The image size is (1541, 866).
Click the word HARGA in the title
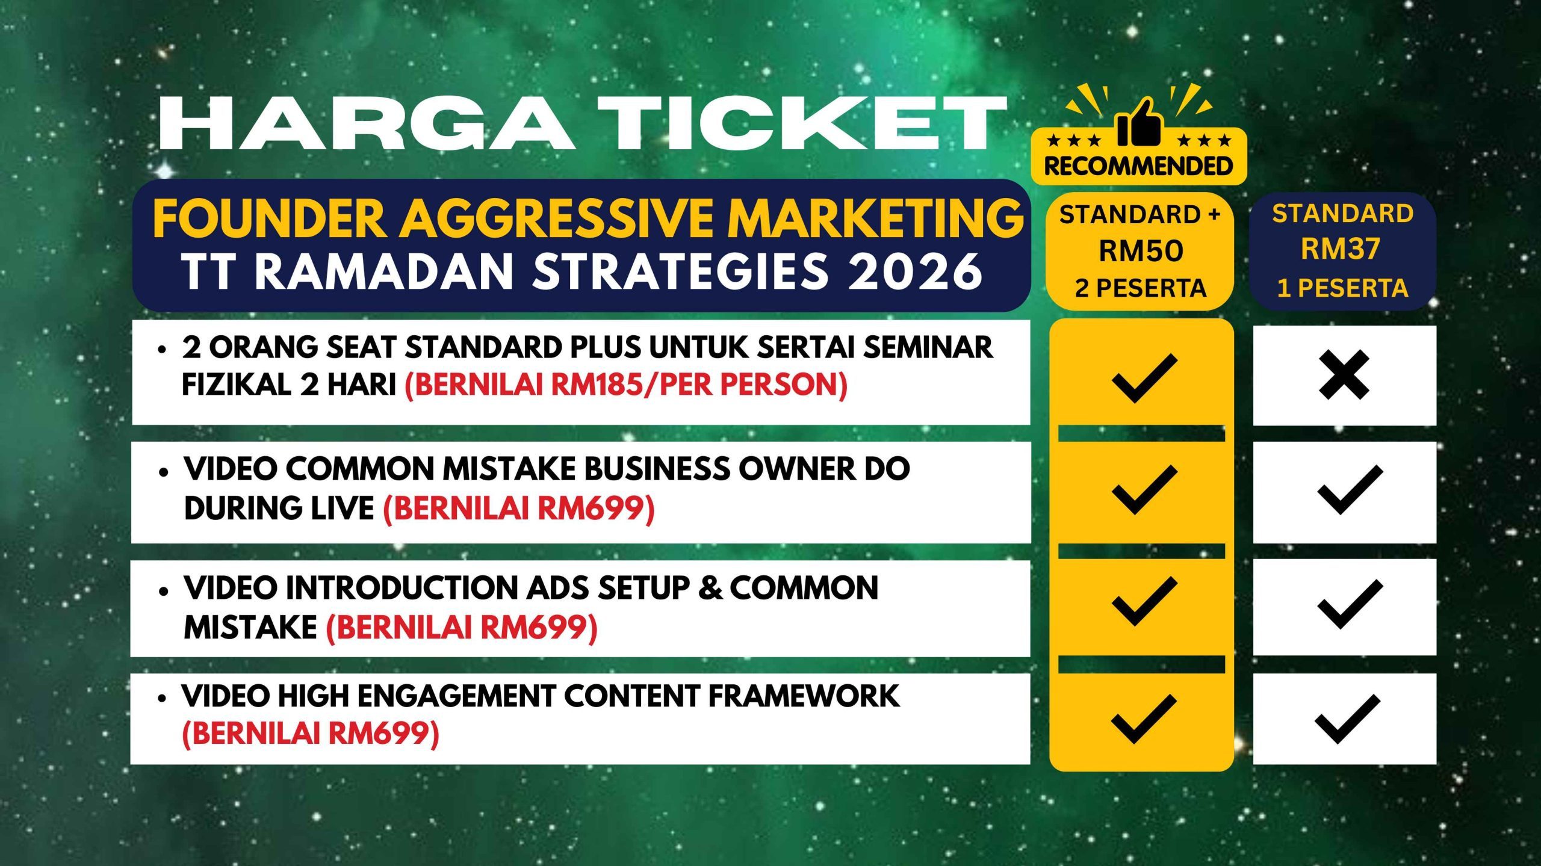[367, 124]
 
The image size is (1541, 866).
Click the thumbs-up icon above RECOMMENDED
[1139, 122]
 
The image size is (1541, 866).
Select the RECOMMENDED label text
[1138, 166]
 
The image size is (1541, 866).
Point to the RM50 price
[1141, 251]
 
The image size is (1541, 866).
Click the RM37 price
[1341, 249]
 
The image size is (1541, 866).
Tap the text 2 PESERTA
[1141, 289]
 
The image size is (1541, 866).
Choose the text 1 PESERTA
[1342, 289]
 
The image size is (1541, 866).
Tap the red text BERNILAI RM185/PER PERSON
[626, 385]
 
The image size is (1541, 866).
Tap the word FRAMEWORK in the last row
[804, 696]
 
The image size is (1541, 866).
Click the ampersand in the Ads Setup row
[711, 588]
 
